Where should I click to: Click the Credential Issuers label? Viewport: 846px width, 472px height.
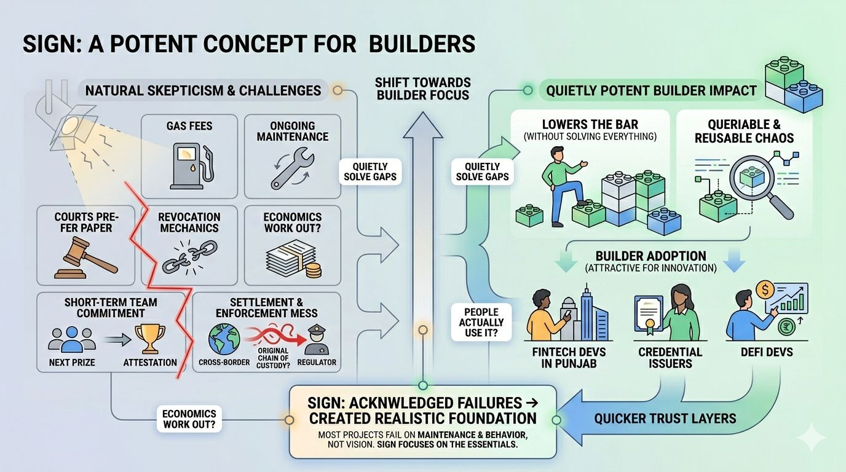coord(670,358)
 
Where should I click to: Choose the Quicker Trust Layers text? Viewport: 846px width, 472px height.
coord(665,419)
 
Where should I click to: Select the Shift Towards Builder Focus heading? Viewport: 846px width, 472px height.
coord(423,89)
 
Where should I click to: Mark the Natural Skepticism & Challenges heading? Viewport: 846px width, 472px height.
coord(203,91)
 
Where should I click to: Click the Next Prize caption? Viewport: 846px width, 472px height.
coord(72,363)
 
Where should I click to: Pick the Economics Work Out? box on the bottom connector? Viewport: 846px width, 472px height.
coord(189,420)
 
